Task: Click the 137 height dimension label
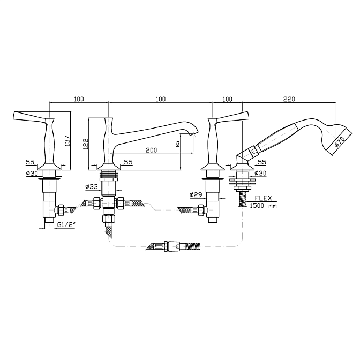pos(67,141)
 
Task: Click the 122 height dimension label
pos(86,144)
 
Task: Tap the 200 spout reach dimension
pos(152,150)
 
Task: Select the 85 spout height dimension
pos(178,144)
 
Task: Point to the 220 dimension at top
pos(289,99)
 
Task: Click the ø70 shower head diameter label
pos(340,141)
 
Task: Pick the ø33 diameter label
pos(92,187)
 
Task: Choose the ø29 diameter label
pos(196,194)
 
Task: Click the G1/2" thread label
pos(66,225)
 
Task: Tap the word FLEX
pos(264,198)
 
